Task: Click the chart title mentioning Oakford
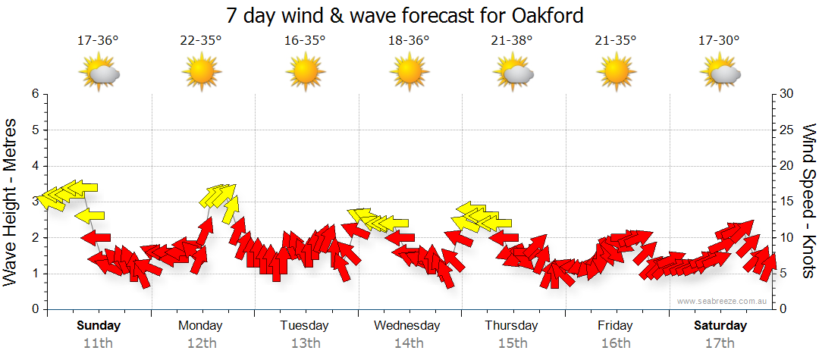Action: point(406,15)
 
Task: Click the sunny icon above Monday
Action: point(201,73)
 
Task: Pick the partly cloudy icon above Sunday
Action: point(99,73)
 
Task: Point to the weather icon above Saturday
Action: point(719,73)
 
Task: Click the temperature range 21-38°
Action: point(512,41)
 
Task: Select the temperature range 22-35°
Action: point(201,41)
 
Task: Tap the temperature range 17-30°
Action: point(719,41)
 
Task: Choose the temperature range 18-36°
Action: point(408,41)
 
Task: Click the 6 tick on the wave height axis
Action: point(34,94)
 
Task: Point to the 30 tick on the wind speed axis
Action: point(786,94)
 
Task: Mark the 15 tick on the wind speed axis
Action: point(786,202)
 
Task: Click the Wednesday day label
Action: point(406,326)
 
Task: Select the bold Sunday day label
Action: point(99,326)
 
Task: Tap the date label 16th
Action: point(616,343)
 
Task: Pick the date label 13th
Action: point(305,343)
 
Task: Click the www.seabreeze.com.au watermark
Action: point(723,301)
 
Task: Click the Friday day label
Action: point(615,326)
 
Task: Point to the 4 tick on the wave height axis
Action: point(34,166)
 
